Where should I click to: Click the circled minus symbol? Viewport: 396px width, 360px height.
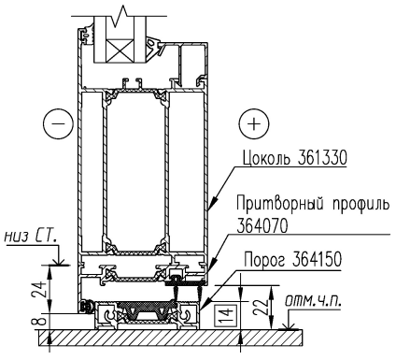point(58,123)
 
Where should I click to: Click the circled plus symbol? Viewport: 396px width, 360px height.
point(254,124)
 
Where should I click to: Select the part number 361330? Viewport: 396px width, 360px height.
point(321,158)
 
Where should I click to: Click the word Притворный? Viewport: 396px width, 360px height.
point(278,205)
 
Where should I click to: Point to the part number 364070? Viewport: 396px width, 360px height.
point(262,226)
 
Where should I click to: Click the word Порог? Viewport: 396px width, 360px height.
point(264,261)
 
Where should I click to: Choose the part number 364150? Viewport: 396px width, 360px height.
point(317,260)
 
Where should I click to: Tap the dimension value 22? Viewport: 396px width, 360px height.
point(261,309)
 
